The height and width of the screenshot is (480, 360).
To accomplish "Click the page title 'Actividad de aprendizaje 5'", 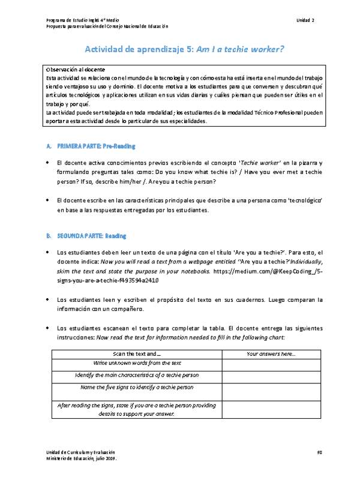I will pos(136,50).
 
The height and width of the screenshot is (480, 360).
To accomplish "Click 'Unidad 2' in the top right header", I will pos(305,20).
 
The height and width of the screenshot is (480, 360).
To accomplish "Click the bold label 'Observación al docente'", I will pos(71,71).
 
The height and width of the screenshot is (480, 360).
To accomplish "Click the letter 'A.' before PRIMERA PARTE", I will pos(49,146).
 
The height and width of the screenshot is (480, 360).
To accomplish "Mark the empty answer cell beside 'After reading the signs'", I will pos(271,410).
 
